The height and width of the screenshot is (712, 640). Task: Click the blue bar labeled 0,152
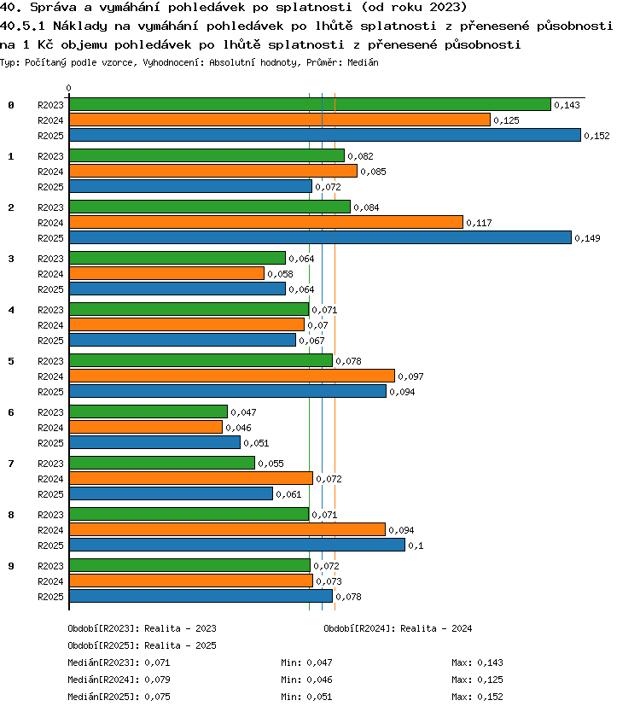pos(325,135)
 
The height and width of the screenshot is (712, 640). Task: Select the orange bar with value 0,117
pos(266,222)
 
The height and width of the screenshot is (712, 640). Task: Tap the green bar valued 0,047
pos(148,411)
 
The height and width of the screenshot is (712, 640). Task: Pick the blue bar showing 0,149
pos(321,237)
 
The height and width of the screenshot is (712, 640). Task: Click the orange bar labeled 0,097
pos(232,376)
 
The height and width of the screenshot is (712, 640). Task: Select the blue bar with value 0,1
pos(237,545)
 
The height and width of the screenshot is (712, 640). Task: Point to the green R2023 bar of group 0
pos(310,104)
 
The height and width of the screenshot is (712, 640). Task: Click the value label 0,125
pos(506,120)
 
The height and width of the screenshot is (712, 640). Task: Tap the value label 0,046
pos(238,428)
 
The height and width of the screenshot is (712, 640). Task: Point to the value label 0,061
pos(288,494)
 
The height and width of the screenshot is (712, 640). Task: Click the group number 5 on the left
pos(11,361)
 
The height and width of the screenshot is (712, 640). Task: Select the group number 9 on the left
pos(11,566)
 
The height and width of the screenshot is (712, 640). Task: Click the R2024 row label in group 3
pos(50,274)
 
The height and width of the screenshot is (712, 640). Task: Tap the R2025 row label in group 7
pos(50,494)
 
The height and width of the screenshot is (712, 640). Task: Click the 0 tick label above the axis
pos(68,88)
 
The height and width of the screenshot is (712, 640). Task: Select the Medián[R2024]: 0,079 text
pos(119,680)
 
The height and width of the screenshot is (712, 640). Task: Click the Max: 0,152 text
pos(477,697)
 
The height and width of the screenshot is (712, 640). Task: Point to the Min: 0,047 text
pos(306,662)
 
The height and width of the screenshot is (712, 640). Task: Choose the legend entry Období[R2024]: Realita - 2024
pos(398,628)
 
